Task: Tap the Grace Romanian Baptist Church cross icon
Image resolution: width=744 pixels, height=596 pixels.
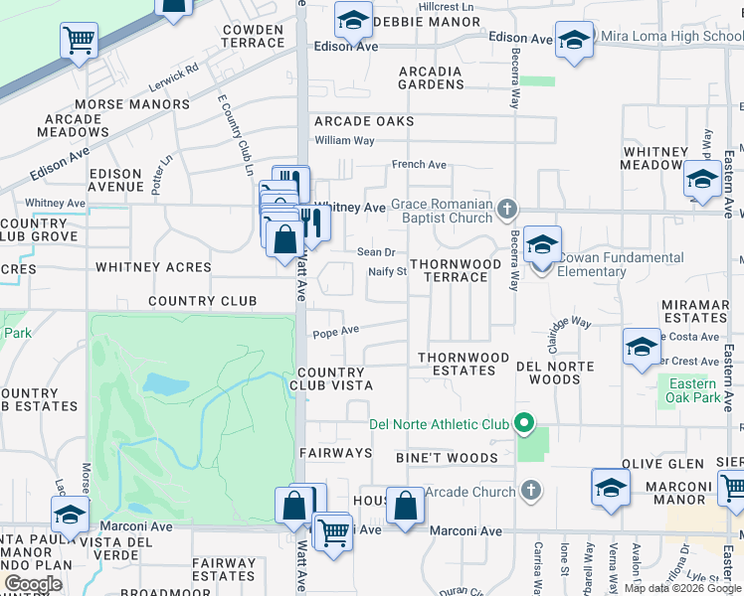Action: [x=507, y=208]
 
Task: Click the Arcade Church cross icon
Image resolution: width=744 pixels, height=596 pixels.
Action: [x=531, y=491]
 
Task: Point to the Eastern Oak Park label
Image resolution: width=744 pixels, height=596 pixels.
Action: [x=693, y=390]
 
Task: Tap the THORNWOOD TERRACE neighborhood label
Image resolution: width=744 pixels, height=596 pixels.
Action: [x=457, y=270]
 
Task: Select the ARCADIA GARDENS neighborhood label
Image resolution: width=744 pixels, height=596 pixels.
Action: [x=431, y=77]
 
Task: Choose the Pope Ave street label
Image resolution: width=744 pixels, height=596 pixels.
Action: [x=335, y=333]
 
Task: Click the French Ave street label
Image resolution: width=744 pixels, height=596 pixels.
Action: [x=419, y=165]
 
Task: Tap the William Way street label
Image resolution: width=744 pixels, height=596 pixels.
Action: [x=344, y=141]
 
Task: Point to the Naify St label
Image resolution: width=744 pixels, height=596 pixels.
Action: [x=387, y=271]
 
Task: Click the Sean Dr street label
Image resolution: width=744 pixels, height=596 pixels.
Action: [x=376, y=252]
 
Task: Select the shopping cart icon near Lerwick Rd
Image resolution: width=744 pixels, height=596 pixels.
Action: [x=79, y=41]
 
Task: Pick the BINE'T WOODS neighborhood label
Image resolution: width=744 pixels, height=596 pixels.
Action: [x=446, y=458]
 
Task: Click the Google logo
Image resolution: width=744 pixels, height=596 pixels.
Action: [x=33, y=584]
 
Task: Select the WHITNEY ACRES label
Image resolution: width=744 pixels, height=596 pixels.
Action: [x=153, y=267]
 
